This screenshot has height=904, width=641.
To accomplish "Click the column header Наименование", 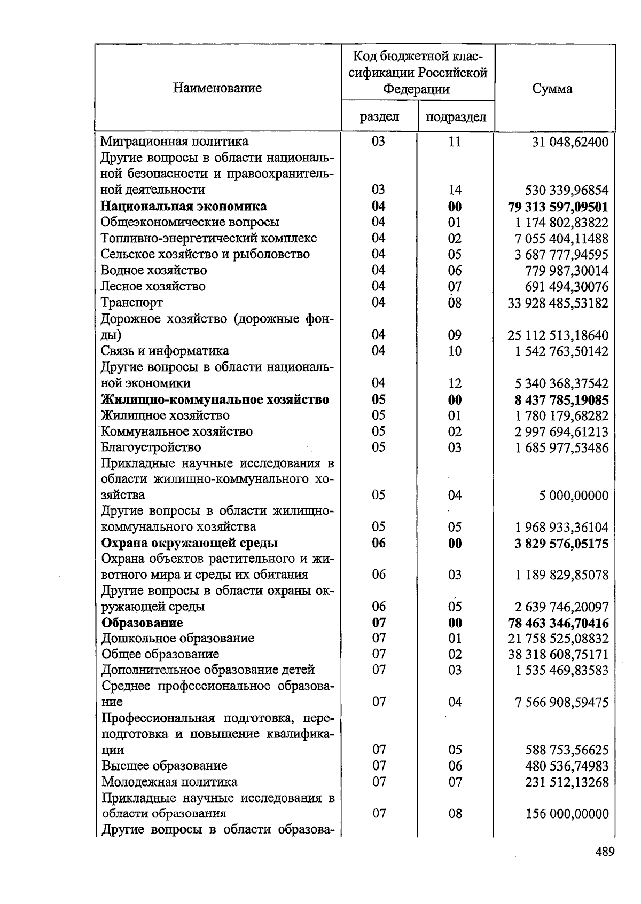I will click(217, 88).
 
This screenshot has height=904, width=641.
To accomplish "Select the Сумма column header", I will click(552, 89).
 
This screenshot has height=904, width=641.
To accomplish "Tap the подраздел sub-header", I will click(456, 117).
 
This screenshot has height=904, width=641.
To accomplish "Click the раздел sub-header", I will click(379, 117).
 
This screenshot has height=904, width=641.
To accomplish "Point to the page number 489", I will click(605, 851).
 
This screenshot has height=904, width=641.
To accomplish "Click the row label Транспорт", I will click(132, 302).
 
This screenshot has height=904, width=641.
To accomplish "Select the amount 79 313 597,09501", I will click(558, 207).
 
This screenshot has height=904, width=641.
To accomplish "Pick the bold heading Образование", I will click(142, 623).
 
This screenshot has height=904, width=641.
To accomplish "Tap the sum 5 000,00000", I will click(573, 496).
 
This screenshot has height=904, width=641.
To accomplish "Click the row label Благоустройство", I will click(151, 447).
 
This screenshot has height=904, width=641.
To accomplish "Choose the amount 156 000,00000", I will click(567, 814).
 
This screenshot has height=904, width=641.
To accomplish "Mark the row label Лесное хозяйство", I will click(153, 286).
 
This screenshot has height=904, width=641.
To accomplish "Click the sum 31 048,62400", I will click(570, 142).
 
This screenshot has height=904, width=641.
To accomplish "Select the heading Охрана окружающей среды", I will click(190, 543).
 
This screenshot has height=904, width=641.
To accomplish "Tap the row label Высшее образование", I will click(164, 766).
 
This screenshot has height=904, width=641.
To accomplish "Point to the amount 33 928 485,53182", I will click(558, 303).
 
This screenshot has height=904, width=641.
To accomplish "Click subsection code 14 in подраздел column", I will click(455, 190).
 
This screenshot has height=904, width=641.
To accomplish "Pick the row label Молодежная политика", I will click(169, 782).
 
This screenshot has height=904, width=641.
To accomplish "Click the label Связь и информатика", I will click(165, 351).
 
